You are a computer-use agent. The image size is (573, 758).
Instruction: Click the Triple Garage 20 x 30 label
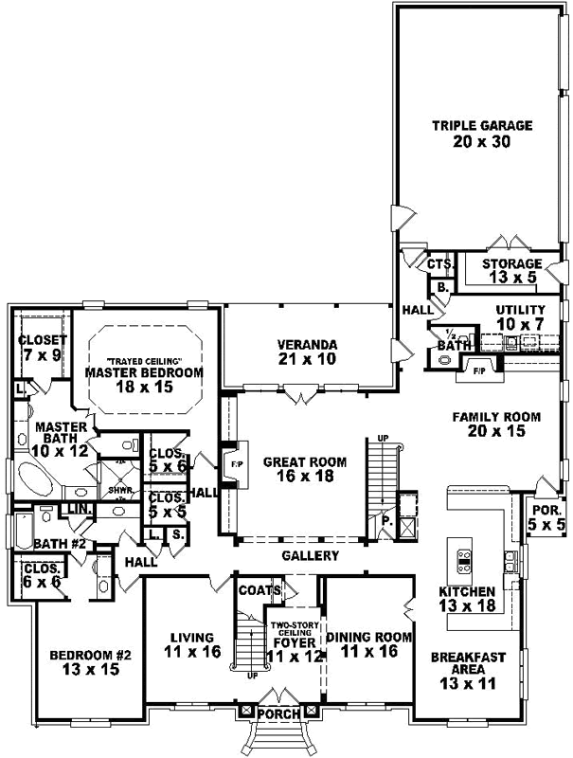(483, 134)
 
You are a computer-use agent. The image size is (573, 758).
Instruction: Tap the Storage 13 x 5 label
(511, 271)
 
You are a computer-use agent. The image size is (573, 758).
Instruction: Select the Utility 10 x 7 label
(521, 317)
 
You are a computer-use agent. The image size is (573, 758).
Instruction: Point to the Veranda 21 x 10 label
(309, 351)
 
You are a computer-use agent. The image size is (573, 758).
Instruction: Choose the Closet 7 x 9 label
(42, 348)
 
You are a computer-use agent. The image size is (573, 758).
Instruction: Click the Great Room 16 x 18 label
(305, 469)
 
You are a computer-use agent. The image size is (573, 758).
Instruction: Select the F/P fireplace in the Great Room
(233, 464)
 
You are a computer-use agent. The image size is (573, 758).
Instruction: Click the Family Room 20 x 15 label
(495, 424)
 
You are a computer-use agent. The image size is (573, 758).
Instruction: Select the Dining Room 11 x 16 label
(367, 644)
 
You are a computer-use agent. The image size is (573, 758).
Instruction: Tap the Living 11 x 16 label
(190, 644)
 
